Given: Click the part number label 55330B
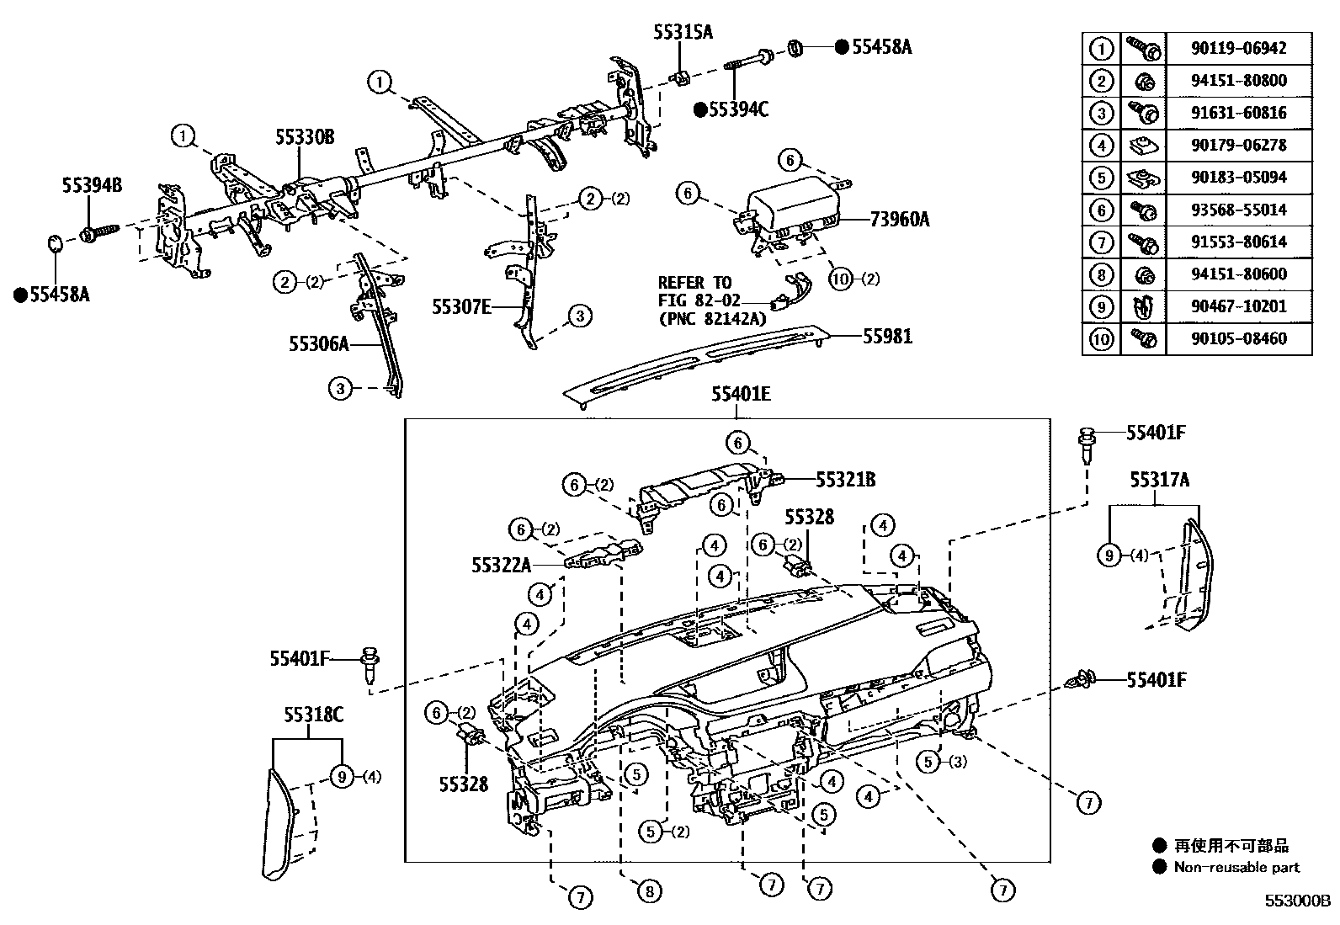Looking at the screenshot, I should (x=304, y=136).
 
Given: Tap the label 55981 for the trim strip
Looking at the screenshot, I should (x=886, y=337).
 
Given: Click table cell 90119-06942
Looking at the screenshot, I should (x=1238, y=48).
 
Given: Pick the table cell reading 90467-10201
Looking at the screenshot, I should (x=1238, y=306).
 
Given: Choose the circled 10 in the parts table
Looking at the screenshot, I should (x=1101, y=339).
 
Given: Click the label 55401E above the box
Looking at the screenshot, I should (x=740, y=393).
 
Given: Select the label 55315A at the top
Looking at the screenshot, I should (x=683, y=32).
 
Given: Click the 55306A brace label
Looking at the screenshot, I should (x=318, y=343).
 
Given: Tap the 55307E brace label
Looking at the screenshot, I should (x=461, y=307).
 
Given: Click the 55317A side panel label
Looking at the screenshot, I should (x=1159, y=480).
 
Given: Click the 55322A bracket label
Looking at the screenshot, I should (x=501, y=566).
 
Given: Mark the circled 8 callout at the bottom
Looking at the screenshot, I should (x=650, y=890).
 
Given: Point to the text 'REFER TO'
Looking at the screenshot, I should (x=694, y=283).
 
